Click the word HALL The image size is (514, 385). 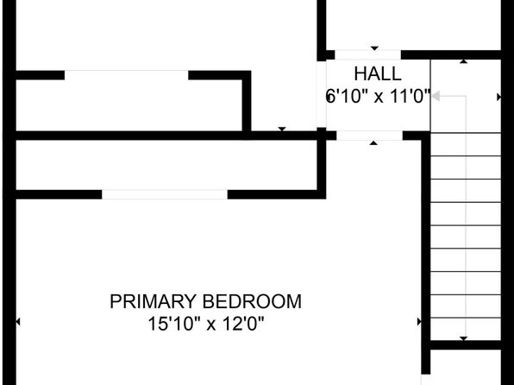click(378, 74)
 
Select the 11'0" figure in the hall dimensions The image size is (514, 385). click(411, 97)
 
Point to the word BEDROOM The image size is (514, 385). click(252, 301)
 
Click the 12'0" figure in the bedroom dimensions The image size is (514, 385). click(243, 324)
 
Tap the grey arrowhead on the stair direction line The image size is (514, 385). click(436, 97)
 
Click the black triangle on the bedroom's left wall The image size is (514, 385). click(18, 322)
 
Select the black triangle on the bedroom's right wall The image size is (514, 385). click(419, 322)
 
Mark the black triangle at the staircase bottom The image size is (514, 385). click(463, 338)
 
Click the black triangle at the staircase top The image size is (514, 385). click(463, 61)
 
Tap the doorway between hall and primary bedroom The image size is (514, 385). click(369, 136)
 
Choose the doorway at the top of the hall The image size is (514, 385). click(367, 54)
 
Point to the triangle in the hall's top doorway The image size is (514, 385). click(374, 48)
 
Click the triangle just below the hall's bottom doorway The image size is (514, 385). click(373, 142)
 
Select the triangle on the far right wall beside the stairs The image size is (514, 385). click(499, 98)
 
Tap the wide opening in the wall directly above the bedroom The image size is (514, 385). click(165, 194)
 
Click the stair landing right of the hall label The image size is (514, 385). click(466, 96)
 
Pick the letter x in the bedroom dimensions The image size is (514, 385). click(211, 325)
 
